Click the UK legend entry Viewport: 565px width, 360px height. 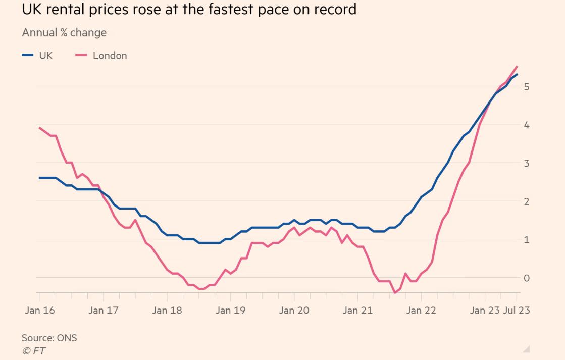coord(37,56)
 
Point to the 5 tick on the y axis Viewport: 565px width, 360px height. coord(526,86)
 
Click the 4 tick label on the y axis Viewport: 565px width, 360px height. coord(526,125)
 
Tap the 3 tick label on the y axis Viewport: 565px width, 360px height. coord(526,163)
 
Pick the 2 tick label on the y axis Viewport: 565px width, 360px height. coord(526,201)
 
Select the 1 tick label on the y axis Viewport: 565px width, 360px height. coord(526,240)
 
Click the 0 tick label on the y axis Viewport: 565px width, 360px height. coord(526,278)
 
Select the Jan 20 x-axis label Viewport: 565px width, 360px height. coord(294,310)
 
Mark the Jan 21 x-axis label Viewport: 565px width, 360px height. coord(357,310)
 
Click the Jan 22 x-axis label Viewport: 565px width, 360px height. coord(421,310)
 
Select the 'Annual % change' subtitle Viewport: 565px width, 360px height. coord(64,33)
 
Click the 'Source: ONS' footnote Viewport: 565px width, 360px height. coord(49,338)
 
